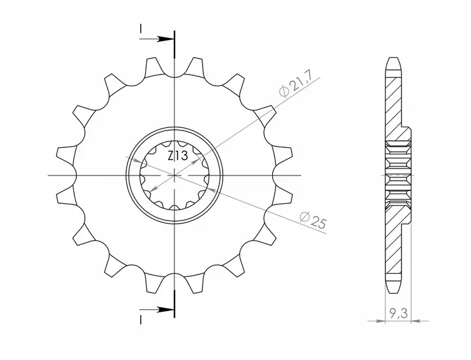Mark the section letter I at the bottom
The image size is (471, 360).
click(x=140, y=319)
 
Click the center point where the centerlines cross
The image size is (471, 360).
click(x=175, y=175)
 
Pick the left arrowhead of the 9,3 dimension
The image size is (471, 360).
click(x=380, y=318)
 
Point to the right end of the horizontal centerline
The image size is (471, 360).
click(x=300, y=175)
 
